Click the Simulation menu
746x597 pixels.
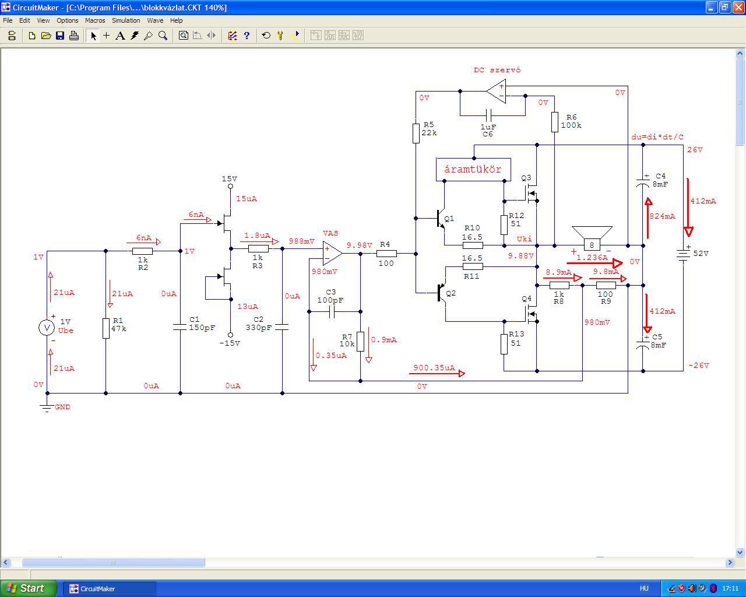click(126, 20)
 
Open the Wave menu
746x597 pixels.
click(155, 20)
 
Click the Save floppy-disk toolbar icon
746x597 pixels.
click(60, 36)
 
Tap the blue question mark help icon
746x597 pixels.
click(247, 36)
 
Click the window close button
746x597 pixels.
click(739, 7)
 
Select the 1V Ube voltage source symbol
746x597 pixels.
click(47, 328)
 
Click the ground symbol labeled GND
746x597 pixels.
click(47, 408)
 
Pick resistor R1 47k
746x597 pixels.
click(106, 328)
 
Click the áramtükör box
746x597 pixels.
click(473, 169)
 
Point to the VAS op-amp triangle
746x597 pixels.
click(332, 254)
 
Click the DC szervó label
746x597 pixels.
click(497, 70)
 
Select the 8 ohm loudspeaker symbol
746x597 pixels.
click(592, 238)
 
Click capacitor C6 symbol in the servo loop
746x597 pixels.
click(488, 115)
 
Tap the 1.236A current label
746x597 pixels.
click(592, 257)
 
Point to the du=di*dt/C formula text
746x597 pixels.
click(657, 137)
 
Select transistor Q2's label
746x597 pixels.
click(451, 293)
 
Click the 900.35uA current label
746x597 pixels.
click(434, 368)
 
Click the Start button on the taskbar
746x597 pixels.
click(28, 588)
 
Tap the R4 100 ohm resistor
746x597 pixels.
click(386, 254)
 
